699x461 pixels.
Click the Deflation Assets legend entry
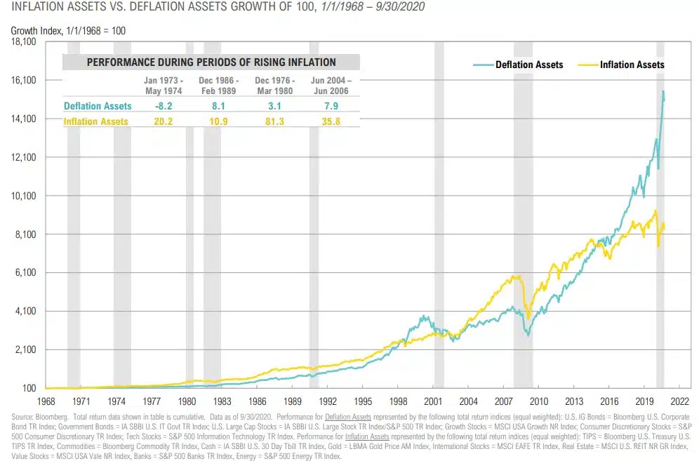(529, 65)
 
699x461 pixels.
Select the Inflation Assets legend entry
(632, 65)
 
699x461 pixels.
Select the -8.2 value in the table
(163, 107)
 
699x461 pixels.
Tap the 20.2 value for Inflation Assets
(163, 121)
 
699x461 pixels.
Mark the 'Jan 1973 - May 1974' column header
(163, 86)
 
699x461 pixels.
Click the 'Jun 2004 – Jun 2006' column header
(331, 86)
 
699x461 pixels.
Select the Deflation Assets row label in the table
(98, 107)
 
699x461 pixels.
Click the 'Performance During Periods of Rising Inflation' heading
(211, 62)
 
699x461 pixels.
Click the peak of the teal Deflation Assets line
(663, 91)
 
